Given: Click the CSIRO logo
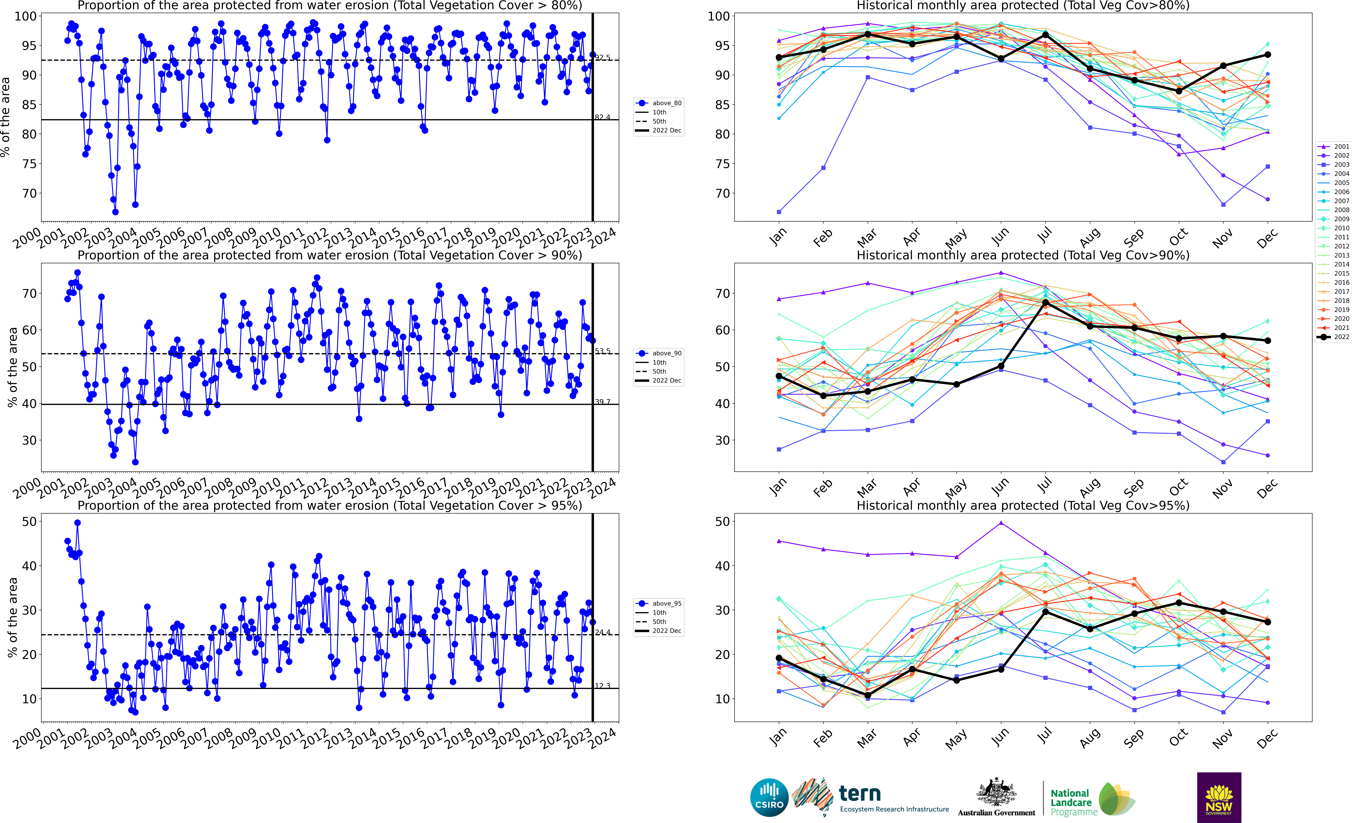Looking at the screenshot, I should click(x=769, y=797).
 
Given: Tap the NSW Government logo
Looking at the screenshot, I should click(x=1219, y=797).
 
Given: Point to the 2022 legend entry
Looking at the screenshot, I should click(x=1334, y=337).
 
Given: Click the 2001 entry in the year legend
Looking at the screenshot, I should click(x=1334, y=146).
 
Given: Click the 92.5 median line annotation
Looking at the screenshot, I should click(x=603, y=58).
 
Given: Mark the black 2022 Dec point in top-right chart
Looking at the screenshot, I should click(x=1267, y=55).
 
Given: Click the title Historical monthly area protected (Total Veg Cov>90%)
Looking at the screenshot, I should click(x=1023, y=256).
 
